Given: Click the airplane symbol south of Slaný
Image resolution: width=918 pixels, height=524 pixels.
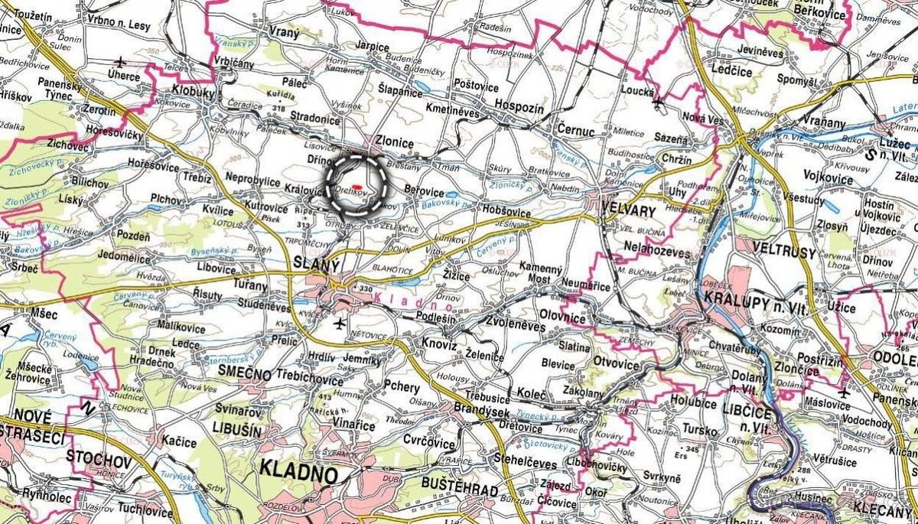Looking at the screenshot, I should (x=340, y=324).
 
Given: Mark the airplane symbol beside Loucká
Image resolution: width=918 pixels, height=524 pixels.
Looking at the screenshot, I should (x=659, y=100).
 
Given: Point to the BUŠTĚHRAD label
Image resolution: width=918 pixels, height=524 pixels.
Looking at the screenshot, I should (x=459, y=490).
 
